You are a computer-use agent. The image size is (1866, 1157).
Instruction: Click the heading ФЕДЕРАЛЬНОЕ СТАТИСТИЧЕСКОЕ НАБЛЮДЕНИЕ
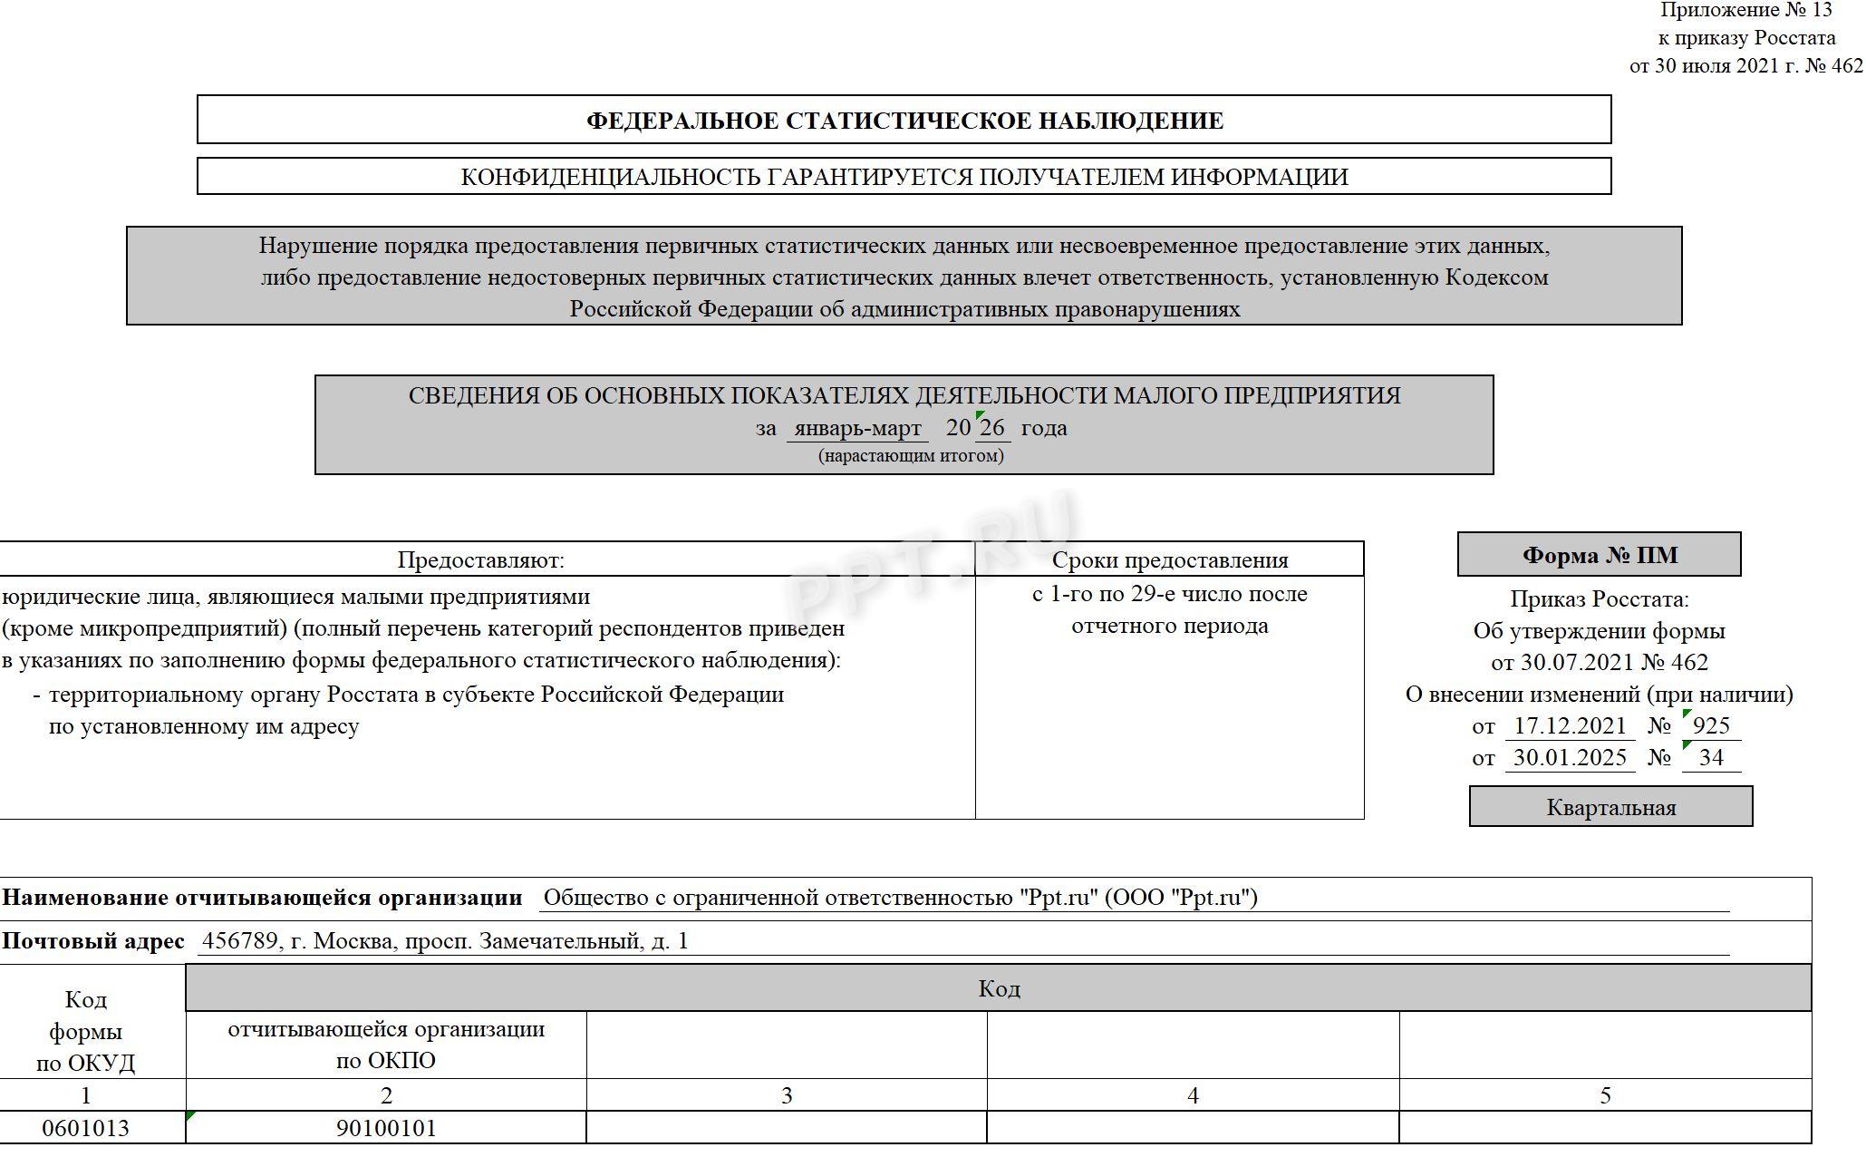[x=904, y=121]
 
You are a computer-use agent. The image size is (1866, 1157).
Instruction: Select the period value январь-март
[x=857, y=428]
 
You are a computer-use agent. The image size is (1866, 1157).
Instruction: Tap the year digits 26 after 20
[x=992, y=427]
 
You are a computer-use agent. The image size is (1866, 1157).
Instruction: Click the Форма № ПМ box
[x=1599, y=555]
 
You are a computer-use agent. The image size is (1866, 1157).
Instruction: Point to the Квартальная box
[x=1610, y=807]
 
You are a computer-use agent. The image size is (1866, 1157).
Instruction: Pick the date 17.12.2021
[x=1570, y=726]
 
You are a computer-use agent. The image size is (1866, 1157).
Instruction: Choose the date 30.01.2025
[x=1570, y=758]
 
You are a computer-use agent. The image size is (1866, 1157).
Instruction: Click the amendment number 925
[x=1711, y=726]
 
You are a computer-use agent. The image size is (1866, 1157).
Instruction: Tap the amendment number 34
[x=1711, y=758]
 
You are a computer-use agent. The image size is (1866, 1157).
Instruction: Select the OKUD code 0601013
[x=86, y=1128]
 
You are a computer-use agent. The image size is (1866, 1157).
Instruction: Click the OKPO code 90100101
[x=386, y=1128]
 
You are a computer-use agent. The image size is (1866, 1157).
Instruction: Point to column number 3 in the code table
[x=787, y=1096]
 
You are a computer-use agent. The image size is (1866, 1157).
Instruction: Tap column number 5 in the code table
[x=1605, y=1096]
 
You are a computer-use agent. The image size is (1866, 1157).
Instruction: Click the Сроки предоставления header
[x=1169, y=560]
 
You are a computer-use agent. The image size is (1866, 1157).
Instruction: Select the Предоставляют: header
[x=480, y=560]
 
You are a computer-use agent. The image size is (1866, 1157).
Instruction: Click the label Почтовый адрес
[x=92, y=941]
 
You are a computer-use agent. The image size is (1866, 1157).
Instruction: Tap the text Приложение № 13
[x=1745, y=11]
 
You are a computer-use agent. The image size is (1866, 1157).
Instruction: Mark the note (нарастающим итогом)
[x=911, y=456]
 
